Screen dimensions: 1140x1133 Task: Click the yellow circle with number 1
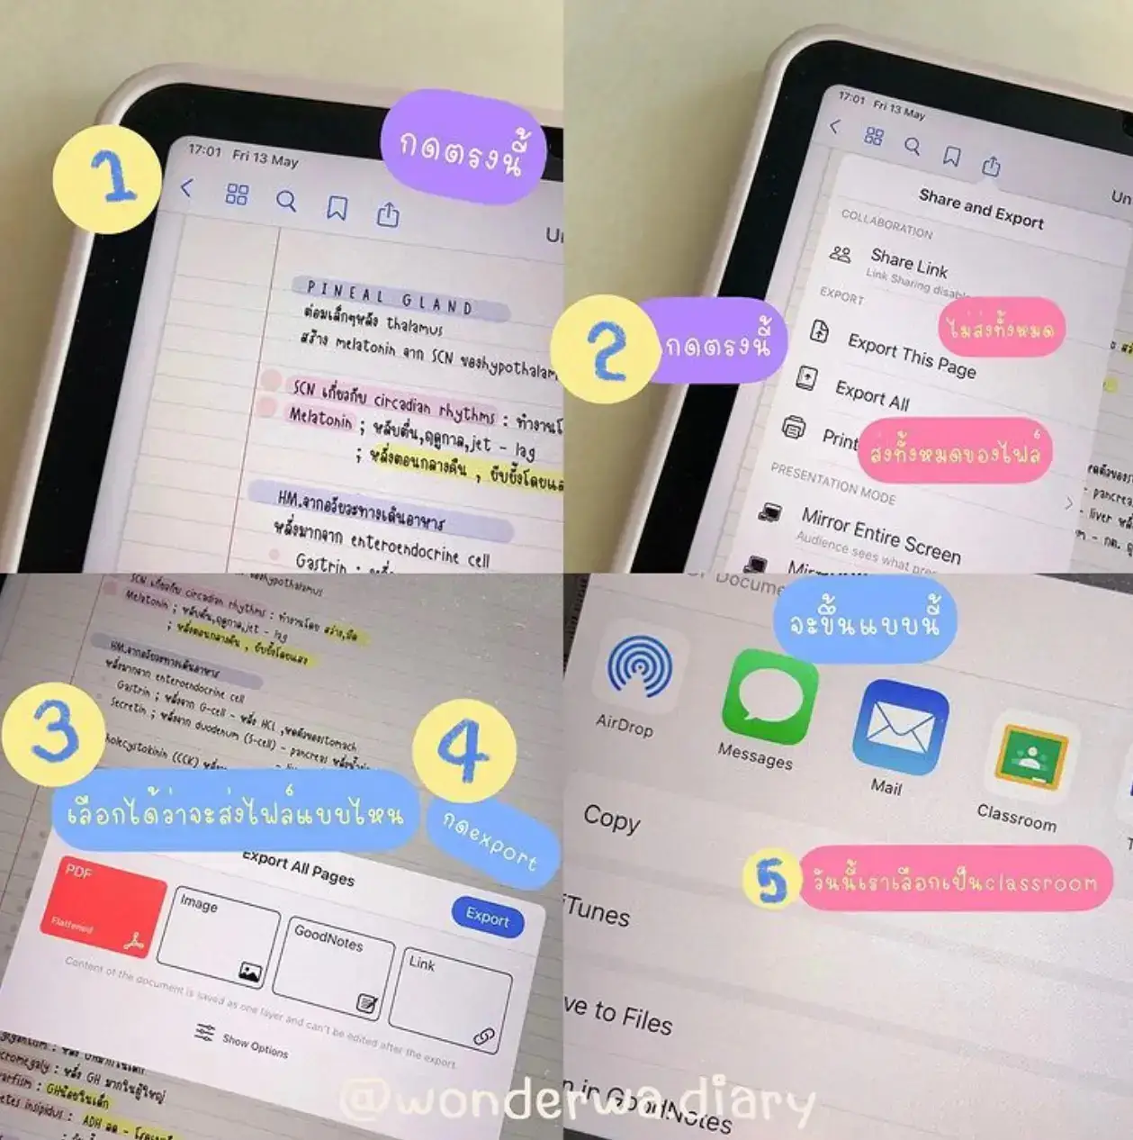tap(106, 178)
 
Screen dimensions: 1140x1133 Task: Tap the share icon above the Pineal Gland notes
tap(388, 214)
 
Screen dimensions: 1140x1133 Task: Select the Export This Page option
tap(911, 357)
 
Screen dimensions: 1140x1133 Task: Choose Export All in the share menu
tap(872, 394)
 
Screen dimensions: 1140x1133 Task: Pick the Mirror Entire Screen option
tap(880, 533)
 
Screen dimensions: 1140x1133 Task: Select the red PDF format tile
tap(103, 905)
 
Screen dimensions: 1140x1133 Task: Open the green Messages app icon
tap(769, 698)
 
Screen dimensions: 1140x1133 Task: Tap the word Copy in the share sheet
tap(611, 819)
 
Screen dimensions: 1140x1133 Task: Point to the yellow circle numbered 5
tap(771, 879)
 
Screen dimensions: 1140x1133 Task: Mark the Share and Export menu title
tap(981, 208)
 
